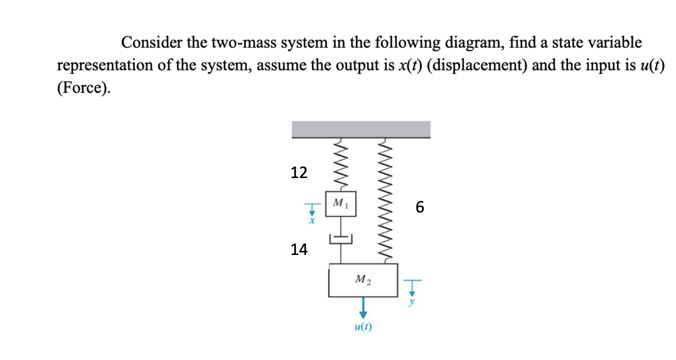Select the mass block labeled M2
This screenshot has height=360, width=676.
(363, 280)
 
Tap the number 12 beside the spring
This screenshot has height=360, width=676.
(299, 173)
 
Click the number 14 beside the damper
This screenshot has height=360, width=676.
(299, 250)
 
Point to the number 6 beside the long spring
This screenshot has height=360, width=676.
(419, 207)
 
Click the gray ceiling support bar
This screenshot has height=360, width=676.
(361, 129)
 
